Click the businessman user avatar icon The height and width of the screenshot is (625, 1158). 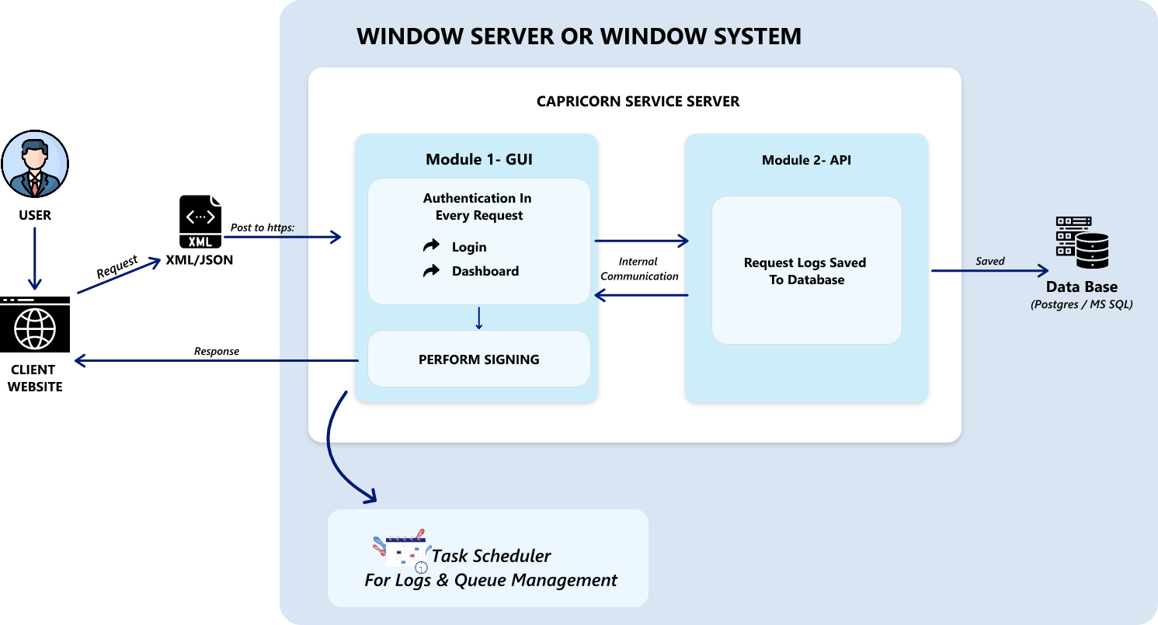(34, 164)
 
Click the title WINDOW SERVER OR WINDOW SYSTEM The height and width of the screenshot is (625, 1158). (579, 36)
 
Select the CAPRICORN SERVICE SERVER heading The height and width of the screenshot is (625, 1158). (638, 102)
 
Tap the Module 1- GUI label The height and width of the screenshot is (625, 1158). (478, 160)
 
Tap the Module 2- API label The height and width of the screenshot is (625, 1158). (806, 161)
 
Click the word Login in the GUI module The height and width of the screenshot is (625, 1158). (469, 247)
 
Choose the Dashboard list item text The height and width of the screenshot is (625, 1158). (485, 271)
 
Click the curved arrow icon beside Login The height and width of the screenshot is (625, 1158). (431, 247)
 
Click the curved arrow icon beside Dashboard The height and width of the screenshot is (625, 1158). (431, 271)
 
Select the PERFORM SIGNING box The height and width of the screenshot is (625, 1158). (478, 359)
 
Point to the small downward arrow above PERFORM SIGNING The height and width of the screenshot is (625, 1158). (478, 318)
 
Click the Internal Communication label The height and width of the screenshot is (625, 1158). (638, 269)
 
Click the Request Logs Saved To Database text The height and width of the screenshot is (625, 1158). (805, 271)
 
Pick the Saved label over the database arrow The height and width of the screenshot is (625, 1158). (990, 261)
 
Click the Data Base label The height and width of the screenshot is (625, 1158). (1081, 287)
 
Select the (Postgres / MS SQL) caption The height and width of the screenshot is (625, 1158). (1081, 304)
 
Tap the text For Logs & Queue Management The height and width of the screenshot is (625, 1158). (491, 580)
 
